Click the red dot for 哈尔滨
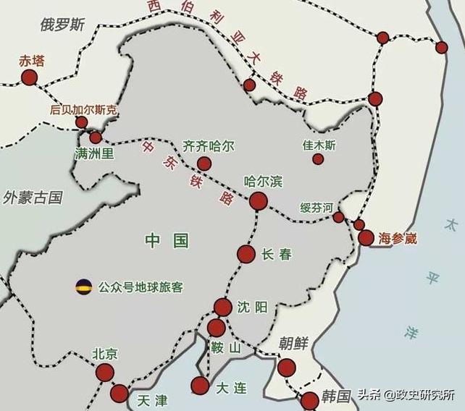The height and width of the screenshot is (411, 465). (258, 202)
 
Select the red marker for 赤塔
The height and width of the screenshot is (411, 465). (29, 77)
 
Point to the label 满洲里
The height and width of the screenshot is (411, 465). (94, 153)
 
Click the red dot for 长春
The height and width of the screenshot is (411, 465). (246, 254)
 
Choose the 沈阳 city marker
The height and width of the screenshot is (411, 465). (223, 308)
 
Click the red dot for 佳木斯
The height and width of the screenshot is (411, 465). (318, 158)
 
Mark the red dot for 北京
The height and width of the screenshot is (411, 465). (105, 373)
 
